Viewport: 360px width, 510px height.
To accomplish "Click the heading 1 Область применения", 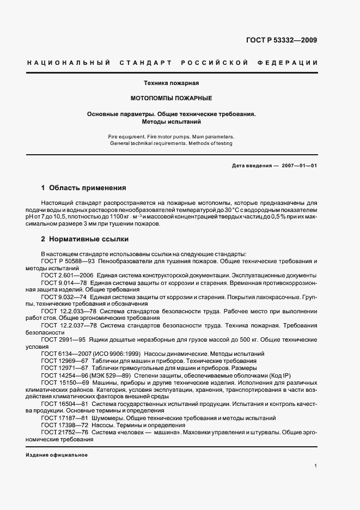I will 83,188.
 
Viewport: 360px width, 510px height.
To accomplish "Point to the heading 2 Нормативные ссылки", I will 85,239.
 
